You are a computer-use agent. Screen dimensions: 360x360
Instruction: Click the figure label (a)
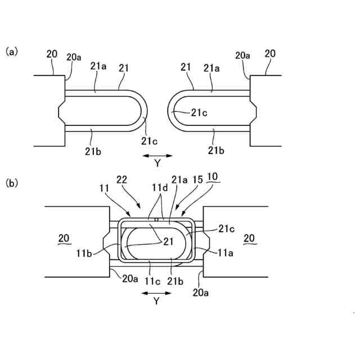(12, 51)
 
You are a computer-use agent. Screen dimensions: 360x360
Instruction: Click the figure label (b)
(12, 183)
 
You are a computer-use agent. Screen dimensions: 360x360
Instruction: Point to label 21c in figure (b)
(228, 229)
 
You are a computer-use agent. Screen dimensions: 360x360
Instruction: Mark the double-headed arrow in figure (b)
(156, 292)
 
